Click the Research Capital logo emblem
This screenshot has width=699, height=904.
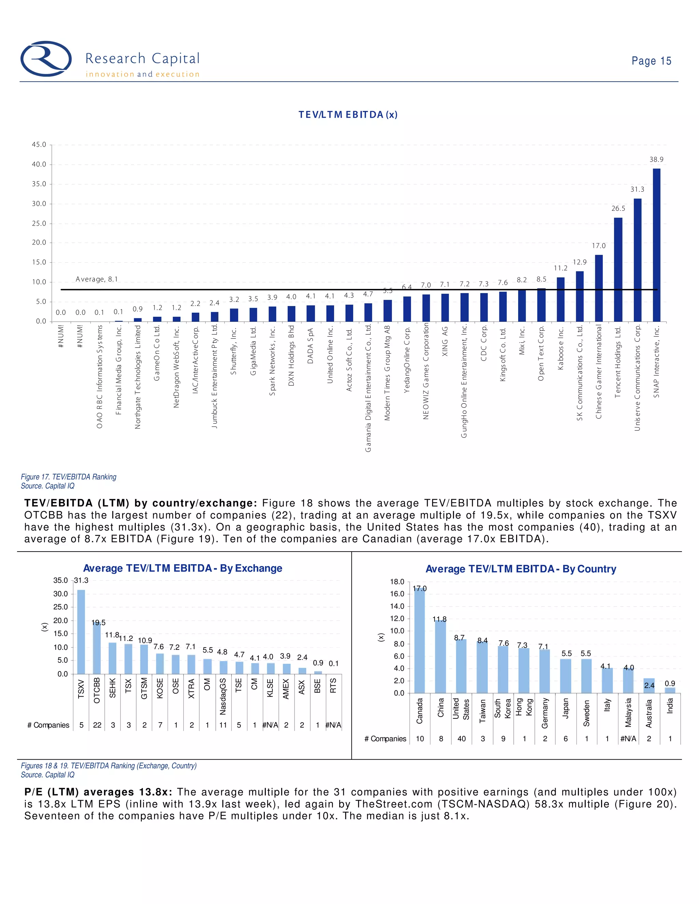tap(46, 59)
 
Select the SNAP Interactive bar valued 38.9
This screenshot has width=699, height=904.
tap(656, 245)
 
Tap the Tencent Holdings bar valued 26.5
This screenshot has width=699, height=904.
tap(618, 269)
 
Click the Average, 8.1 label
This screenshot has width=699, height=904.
tap(97, 279)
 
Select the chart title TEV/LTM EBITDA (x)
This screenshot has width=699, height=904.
tap(348, 115)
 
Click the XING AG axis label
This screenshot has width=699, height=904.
tap(445, 341)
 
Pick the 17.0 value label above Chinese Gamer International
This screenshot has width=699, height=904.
tap(598, 246)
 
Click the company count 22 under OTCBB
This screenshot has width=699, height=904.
tap(97, 725)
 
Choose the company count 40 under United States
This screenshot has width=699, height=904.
tap(461, 739)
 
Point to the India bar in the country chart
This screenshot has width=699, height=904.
tap(670, 690)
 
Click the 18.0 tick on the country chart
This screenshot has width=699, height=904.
tap(397, 582)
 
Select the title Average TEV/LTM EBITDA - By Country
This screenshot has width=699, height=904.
tap(520, 569)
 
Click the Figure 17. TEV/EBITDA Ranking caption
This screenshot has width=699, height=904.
tap(69, 477)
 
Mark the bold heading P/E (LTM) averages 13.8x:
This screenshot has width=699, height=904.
tap(99, 792)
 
